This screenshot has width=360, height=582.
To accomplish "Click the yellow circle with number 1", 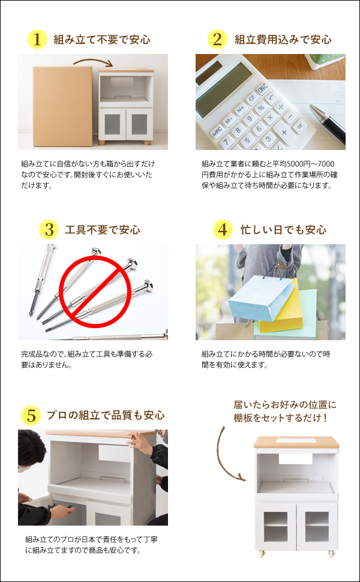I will (37, 40).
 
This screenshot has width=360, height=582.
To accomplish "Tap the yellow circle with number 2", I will (217, 40).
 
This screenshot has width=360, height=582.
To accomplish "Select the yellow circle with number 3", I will (49, 229).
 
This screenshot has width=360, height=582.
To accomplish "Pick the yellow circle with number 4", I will (223, 229).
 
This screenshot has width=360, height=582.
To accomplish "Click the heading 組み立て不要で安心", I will (101, 40).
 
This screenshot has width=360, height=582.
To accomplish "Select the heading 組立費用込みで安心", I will (283, 40).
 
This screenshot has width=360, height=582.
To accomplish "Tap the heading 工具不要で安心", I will (102, 230).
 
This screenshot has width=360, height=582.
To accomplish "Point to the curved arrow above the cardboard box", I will (93, 61).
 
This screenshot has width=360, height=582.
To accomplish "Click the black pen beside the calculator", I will (328, 124).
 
